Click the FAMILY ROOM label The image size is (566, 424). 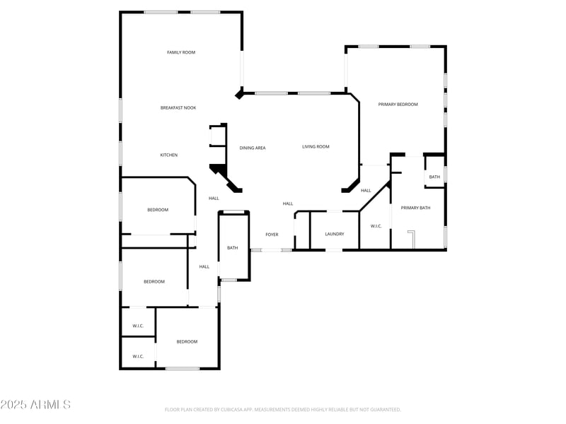click(181, 52)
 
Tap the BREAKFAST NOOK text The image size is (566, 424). click(178, 107)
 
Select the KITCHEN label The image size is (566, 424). click(168, 155)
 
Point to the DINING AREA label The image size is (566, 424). click(253, 148)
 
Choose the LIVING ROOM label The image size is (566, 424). click(316, 146)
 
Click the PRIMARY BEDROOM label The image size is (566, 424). click(398, 104)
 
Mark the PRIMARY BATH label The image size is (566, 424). click(415, 208)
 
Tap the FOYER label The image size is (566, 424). click(272, 234)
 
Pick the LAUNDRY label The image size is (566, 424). click(335, 234)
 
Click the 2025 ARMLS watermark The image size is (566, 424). click(35, 405)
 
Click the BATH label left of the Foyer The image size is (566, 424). click(233, 248)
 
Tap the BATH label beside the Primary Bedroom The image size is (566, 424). click(434, 177)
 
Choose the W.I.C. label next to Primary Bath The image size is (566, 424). click(376, 226)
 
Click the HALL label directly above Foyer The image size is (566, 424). click(288, 204)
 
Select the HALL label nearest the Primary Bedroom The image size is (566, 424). click(366, 190)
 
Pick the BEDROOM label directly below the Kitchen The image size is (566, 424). click(158, 210)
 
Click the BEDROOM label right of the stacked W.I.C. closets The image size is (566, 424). click(187, 341)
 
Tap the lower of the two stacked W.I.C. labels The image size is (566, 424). click(138, 356)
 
